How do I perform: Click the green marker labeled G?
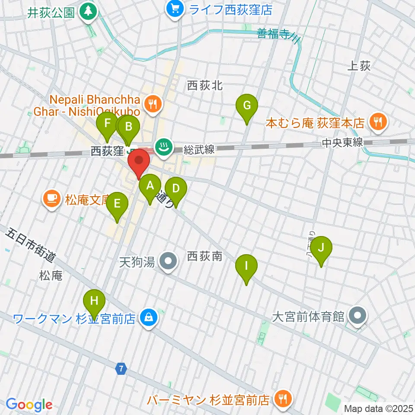coord(247,106)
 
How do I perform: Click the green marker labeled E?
coord(117,204)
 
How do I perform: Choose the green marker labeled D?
coord(176,189)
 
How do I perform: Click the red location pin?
coord(139,161)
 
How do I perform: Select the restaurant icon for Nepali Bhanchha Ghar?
coord(153,103)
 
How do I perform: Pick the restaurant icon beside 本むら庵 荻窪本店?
coord(379,123)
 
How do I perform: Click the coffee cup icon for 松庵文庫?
coord(51,199)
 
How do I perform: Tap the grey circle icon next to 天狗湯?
coord(167,261)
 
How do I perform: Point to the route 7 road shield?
coord(122,369)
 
